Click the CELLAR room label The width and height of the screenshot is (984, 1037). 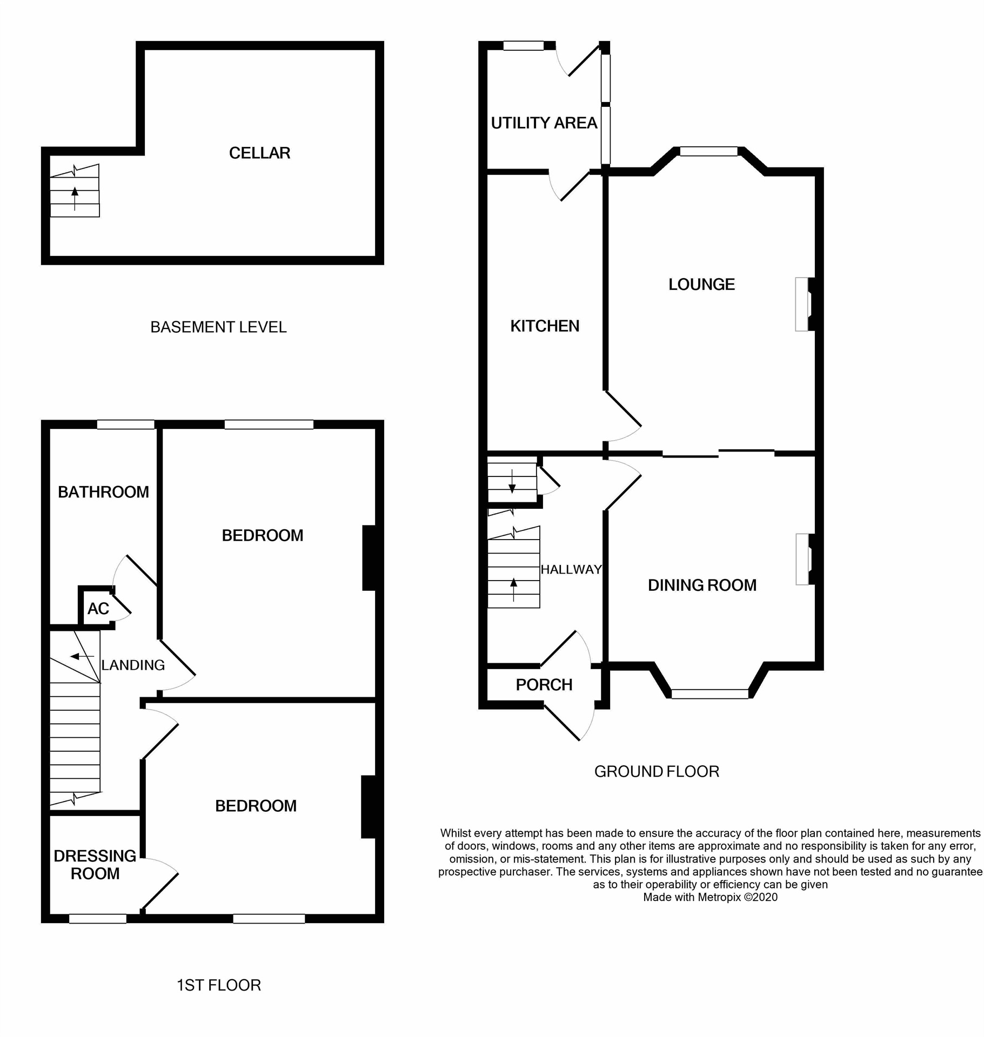pyautogui.click(x=259, y=153)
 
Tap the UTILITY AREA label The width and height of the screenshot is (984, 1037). pyautogui.click(x=544, y=123)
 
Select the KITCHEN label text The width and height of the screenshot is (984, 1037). pyautogui.click(x=545, y=326)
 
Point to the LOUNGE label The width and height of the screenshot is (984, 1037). pyautogui.click(x=701, y=284)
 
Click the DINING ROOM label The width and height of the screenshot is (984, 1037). pyautogui.click(x=702, y=585)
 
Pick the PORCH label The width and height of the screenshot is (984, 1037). pyautogui.click(x=544, y=685)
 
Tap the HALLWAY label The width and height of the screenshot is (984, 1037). pyautogui.click(x=571, y=569)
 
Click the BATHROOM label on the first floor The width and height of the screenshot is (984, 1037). pyautogui.click(x=103, y=492)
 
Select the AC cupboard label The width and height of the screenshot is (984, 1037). pyautogui.click(x=98, y=609)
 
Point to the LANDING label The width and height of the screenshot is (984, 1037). pyautogui.click(x=133, y=665)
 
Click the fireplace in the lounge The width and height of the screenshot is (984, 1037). pyautogui.click(x=804, y=304)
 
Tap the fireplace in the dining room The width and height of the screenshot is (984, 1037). pyautogui.click(x=804, y=559)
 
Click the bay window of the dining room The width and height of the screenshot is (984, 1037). pyautogui.click(x=709, y=694)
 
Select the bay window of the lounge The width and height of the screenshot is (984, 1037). pyautogui.click(x=708, y=152)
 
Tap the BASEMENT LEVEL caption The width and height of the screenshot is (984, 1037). pyautogui.click(x=218, y=327)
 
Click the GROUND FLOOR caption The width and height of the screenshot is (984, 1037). pyautogui.click(x=657, y=771)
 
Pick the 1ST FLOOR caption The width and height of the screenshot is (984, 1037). pyautogui.click(x=219, y=985)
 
